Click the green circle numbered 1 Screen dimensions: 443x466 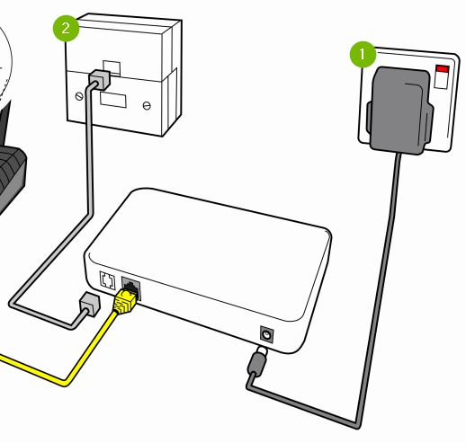[x=363, y=56]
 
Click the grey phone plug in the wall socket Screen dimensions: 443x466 [x=99, y=79]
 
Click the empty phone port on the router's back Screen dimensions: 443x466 [x=105, y=280]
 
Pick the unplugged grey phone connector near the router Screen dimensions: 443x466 [x=87, y=305]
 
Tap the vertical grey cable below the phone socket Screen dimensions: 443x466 [x=90, y=162]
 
